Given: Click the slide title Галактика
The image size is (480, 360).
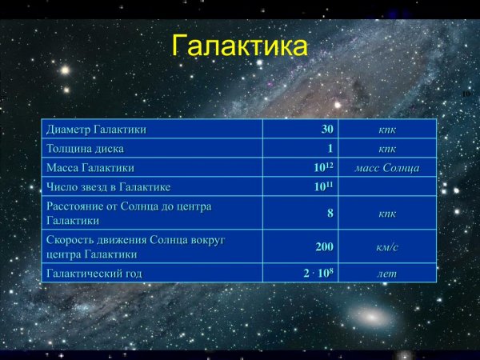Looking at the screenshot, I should [239, 46].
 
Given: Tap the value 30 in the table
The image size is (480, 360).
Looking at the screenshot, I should [326, 129].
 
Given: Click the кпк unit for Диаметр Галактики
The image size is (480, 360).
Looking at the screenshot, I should [387, 129].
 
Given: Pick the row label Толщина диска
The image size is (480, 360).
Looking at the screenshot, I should [86, 149].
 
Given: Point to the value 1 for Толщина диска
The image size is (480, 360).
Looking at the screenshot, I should [330, 149].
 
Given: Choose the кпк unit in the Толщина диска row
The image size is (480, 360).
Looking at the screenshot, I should [387, 149].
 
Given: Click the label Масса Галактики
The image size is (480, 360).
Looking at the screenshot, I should [90, 168].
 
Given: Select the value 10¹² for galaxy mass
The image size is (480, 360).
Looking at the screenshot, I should [323, 168].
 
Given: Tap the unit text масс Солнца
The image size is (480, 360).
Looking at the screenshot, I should [387, 168].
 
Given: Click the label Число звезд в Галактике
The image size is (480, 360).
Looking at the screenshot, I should [109, 187].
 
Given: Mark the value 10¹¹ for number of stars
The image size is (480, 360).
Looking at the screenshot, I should [323, 187].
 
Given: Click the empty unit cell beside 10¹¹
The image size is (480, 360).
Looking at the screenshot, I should [387, 187].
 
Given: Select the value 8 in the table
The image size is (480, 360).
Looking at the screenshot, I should [330, 213].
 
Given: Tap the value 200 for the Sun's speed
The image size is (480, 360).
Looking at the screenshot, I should [324, 246].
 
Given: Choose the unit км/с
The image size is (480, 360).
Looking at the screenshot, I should [387, 246].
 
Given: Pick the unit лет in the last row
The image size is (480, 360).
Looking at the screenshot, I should [387, 273].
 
